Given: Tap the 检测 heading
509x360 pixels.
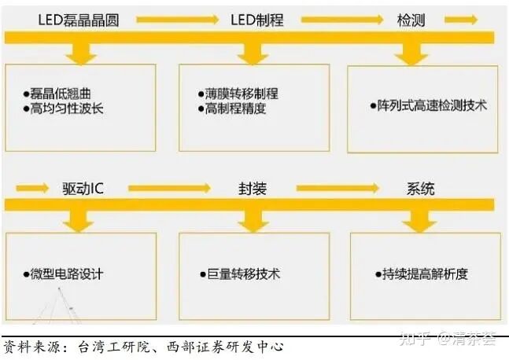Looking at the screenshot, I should click(x=410, y=20).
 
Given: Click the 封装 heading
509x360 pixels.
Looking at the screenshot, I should click(x=253, y=189).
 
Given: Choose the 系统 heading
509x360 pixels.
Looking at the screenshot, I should click(x=420, y=189).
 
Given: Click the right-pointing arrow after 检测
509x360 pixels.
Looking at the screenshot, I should click(x=465, y=19).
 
